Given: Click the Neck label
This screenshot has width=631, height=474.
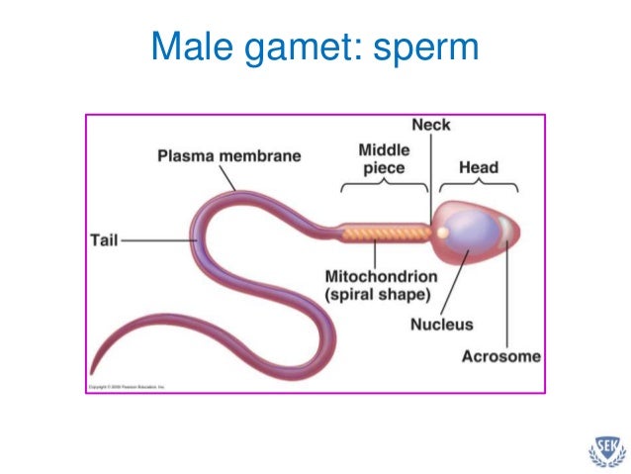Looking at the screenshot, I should point(430,126).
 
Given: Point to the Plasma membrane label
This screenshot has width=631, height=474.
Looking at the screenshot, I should point(229,156).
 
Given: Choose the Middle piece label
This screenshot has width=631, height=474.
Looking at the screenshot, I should point(384,158).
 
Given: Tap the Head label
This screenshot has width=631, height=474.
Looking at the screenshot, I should point(479,167).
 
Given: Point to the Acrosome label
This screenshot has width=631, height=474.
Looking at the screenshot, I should point(501,356).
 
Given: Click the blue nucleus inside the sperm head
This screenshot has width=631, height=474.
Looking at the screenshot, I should point(473,236).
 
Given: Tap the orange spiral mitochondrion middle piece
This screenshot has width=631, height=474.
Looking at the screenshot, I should point(386,235).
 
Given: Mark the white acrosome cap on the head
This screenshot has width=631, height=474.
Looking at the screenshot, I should point(506,230).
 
